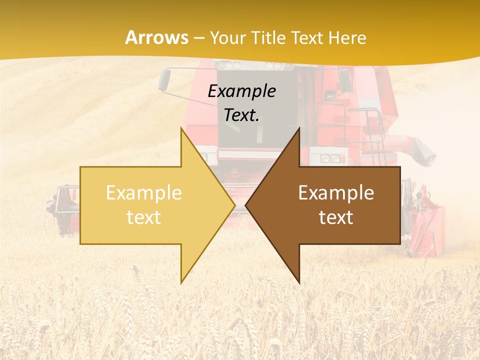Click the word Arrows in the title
pos(157,37)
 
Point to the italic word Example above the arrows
pos(241,91)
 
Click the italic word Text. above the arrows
pos(241,115)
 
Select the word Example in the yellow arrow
pos(144,192)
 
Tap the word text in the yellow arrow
pos(144,217)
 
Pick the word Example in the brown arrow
pos(336,192)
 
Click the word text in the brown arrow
pos(336,217)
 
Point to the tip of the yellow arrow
pos(234,205)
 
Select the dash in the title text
pos(198,38)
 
